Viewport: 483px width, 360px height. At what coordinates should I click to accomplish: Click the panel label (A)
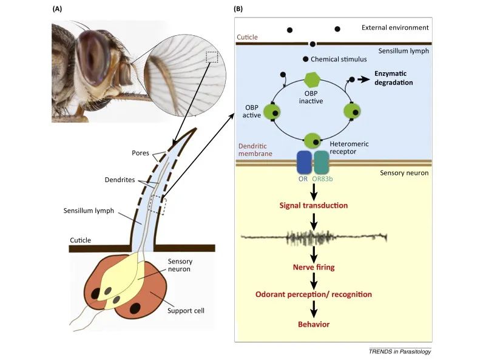pyautogui.click(x=58, y=9)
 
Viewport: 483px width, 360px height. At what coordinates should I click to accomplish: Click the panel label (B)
pyautogui.click(x=238, y=9)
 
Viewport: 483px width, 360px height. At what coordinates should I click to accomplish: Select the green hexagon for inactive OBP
pyautogui.click(x=311, y=80)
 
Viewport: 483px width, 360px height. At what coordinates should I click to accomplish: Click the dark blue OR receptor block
pyautogui.click(x=303, y=162)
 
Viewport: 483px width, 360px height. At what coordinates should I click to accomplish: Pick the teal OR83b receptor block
pyautogui.click(x=321, y=162)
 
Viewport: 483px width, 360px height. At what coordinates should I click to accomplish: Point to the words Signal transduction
pyautogui.click(x=313, y=205)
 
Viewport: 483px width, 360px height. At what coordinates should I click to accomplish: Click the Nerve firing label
pyautogui.click(x=313, y=266)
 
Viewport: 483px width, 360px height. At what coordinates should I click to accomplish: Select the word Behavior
pyautogui.click(x=313, y=324)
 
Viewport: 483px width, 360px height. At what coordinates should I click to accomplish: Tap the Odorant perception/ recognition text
pyautogui.click(x=313, y=294)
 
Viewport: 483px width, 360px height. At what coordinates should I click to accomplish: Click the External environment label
pyautogui.click(x=395, y=27)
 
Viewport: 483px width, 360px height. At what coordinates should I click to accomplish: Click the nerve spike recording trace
pyautogui.click(x=313, y=237)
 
